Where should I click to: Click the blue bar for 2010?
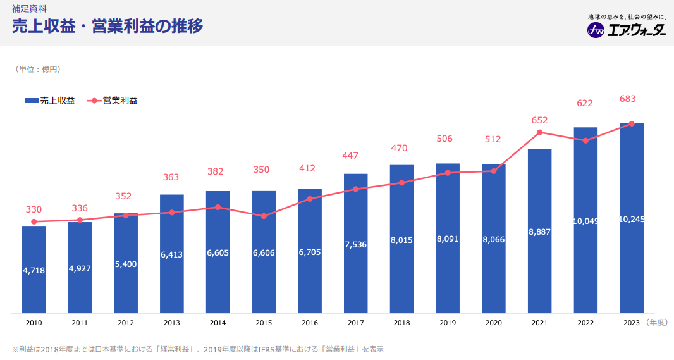click(34, 278)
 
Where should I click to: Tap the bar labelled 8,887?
click(539, 266)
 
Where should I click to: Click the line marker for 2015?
click(264, 216)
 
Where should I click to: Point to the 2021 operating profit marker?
click(539, 132)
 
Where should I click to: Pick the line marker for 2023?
click(632, 124)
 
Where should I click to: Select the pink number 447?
click(352, 156)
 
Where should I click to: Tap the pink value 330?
click(34, 209)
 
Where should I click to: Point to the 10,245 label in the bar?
click(632, 220)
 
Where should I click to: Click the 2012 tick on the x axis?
click(126, 323)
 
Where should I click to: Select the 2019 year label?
click(448, 323)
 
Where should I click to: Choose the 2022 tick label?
click(585, 323)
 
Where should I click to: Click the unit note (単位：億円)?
click(39, 69)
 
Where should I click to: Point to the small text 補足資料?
click(29, 9)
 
